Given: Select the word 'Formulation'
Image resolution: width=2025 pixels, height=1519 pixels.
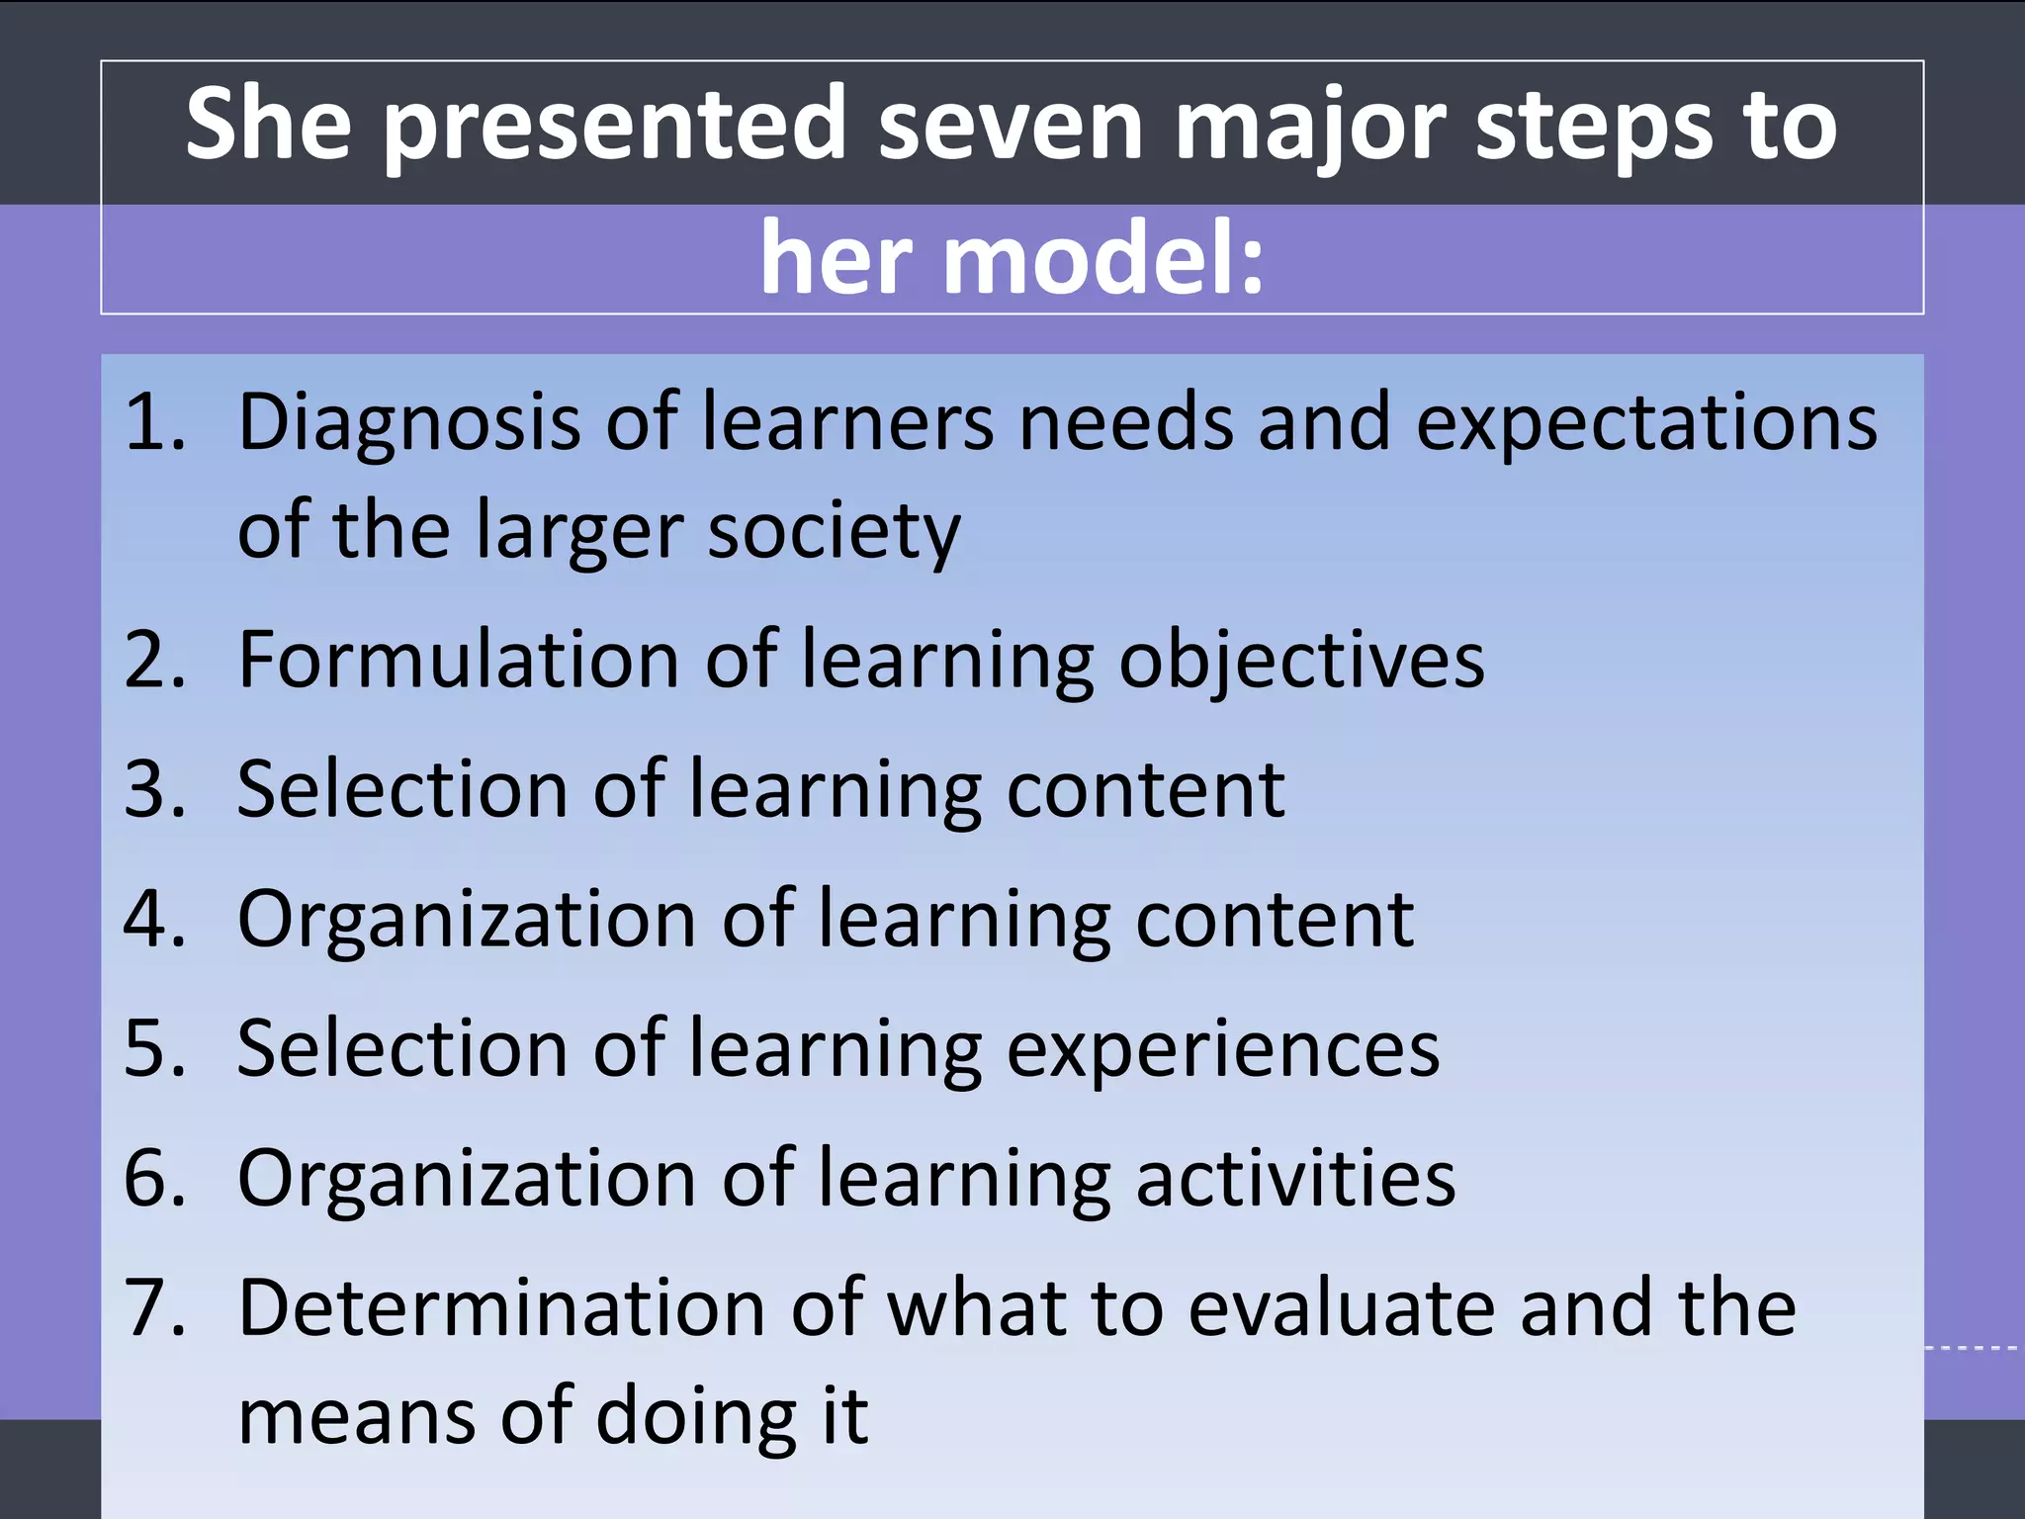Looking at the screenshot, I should [x=458, y=660].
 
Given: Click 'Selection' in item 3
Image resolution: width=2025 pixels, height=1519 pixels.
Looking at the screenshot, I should [x=401, y=790].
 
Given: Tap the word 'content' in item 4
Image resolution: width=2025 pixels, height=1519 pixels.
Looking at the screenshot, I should [x=1275, y=920].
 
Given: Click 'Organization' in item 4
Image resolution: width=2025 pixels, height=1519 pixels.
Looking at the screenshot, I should [x=467, y=920].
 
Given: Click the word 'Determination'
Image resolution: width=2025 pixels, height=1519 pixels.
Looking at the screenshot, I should [x=501, y=1308].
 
